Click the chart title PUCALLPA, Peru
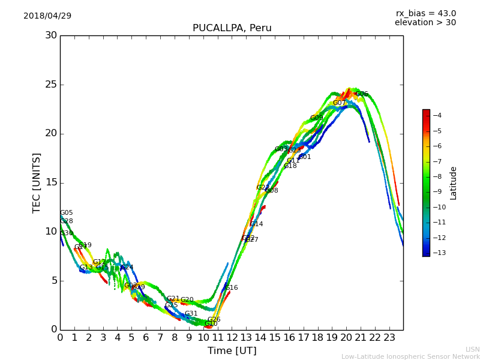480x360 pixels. click(x=232, y=28)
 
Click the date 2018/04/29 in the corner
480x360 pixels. click(x=47, y=16)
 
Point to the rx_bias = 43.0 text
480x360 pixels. click(x=425, y=13)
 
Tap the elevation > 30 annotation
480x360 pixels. click(x=425, y=23)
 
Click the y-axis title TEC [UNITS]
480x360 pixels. click(x=37, y=182)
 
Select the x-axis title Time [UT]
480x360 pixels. click(x=232, y=351)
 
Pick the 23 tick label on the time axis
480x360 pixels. click(x=389, y=337)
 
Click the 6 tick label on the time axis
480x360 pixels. click(x=146, y=337)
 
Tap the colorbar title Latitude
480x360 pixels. click(x=454, y=183)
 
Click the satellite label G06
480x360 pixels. click(x=362, y=94)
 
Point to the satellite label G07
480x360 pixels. click(x=340, y=103)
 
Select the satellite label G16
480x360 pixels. click(x=232, y=288)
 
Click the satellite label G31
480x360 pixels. click(x=191, y=314)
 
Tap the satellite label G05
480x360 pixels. click(x=67, y=213)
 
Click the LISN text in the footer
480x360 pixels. click(x=472, y=349)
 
